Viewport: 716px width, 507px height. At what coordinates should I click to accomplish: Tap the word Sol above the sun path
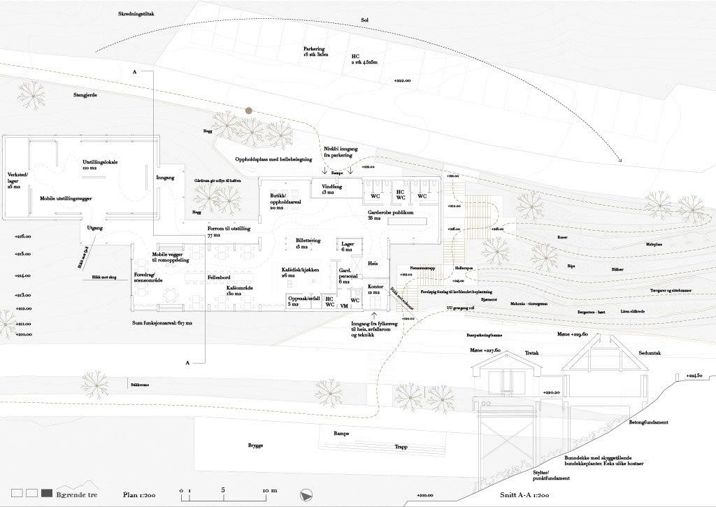364,20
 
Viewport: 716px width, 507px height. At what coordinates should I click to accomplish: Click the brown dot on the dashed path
248,110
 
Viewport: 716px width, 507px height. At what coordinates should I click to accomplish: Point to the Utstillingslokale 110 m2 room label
100,165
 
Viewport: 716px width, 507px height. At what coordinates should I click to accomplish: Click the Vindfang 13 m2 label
332,189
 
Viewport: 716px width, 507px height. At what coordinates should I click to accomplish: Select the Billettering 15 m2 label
308,243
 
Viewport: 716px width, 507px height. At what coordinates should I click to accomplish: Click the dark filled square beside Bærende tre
48,494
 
